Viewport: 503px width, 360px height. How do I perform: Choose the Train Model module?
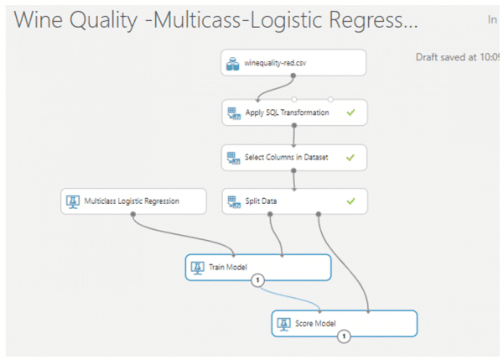(x=257, y=268)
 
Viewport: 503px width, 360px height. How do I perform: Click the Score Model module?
(x=344, y=323)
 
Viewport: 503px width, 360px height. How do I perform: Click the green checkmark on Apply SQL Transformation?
(x=350, y=112)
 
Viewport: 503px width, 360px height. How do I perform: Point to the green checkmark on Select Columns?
(x=350, y=157)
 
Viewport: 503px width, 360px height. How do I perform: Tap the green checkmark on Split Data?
(x=350, y=201)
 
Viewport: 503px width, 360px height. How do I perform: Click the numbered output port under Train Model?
(x=257, y=280)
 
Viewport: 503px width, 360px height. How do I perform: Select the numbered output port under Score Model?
(x=344, y=337)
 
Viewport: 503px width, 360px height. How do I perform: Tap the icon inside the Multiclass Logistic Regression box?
(x=73, y=201)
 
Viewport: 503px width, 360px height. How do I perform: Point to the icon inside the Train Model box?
(x=198, y=268)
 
